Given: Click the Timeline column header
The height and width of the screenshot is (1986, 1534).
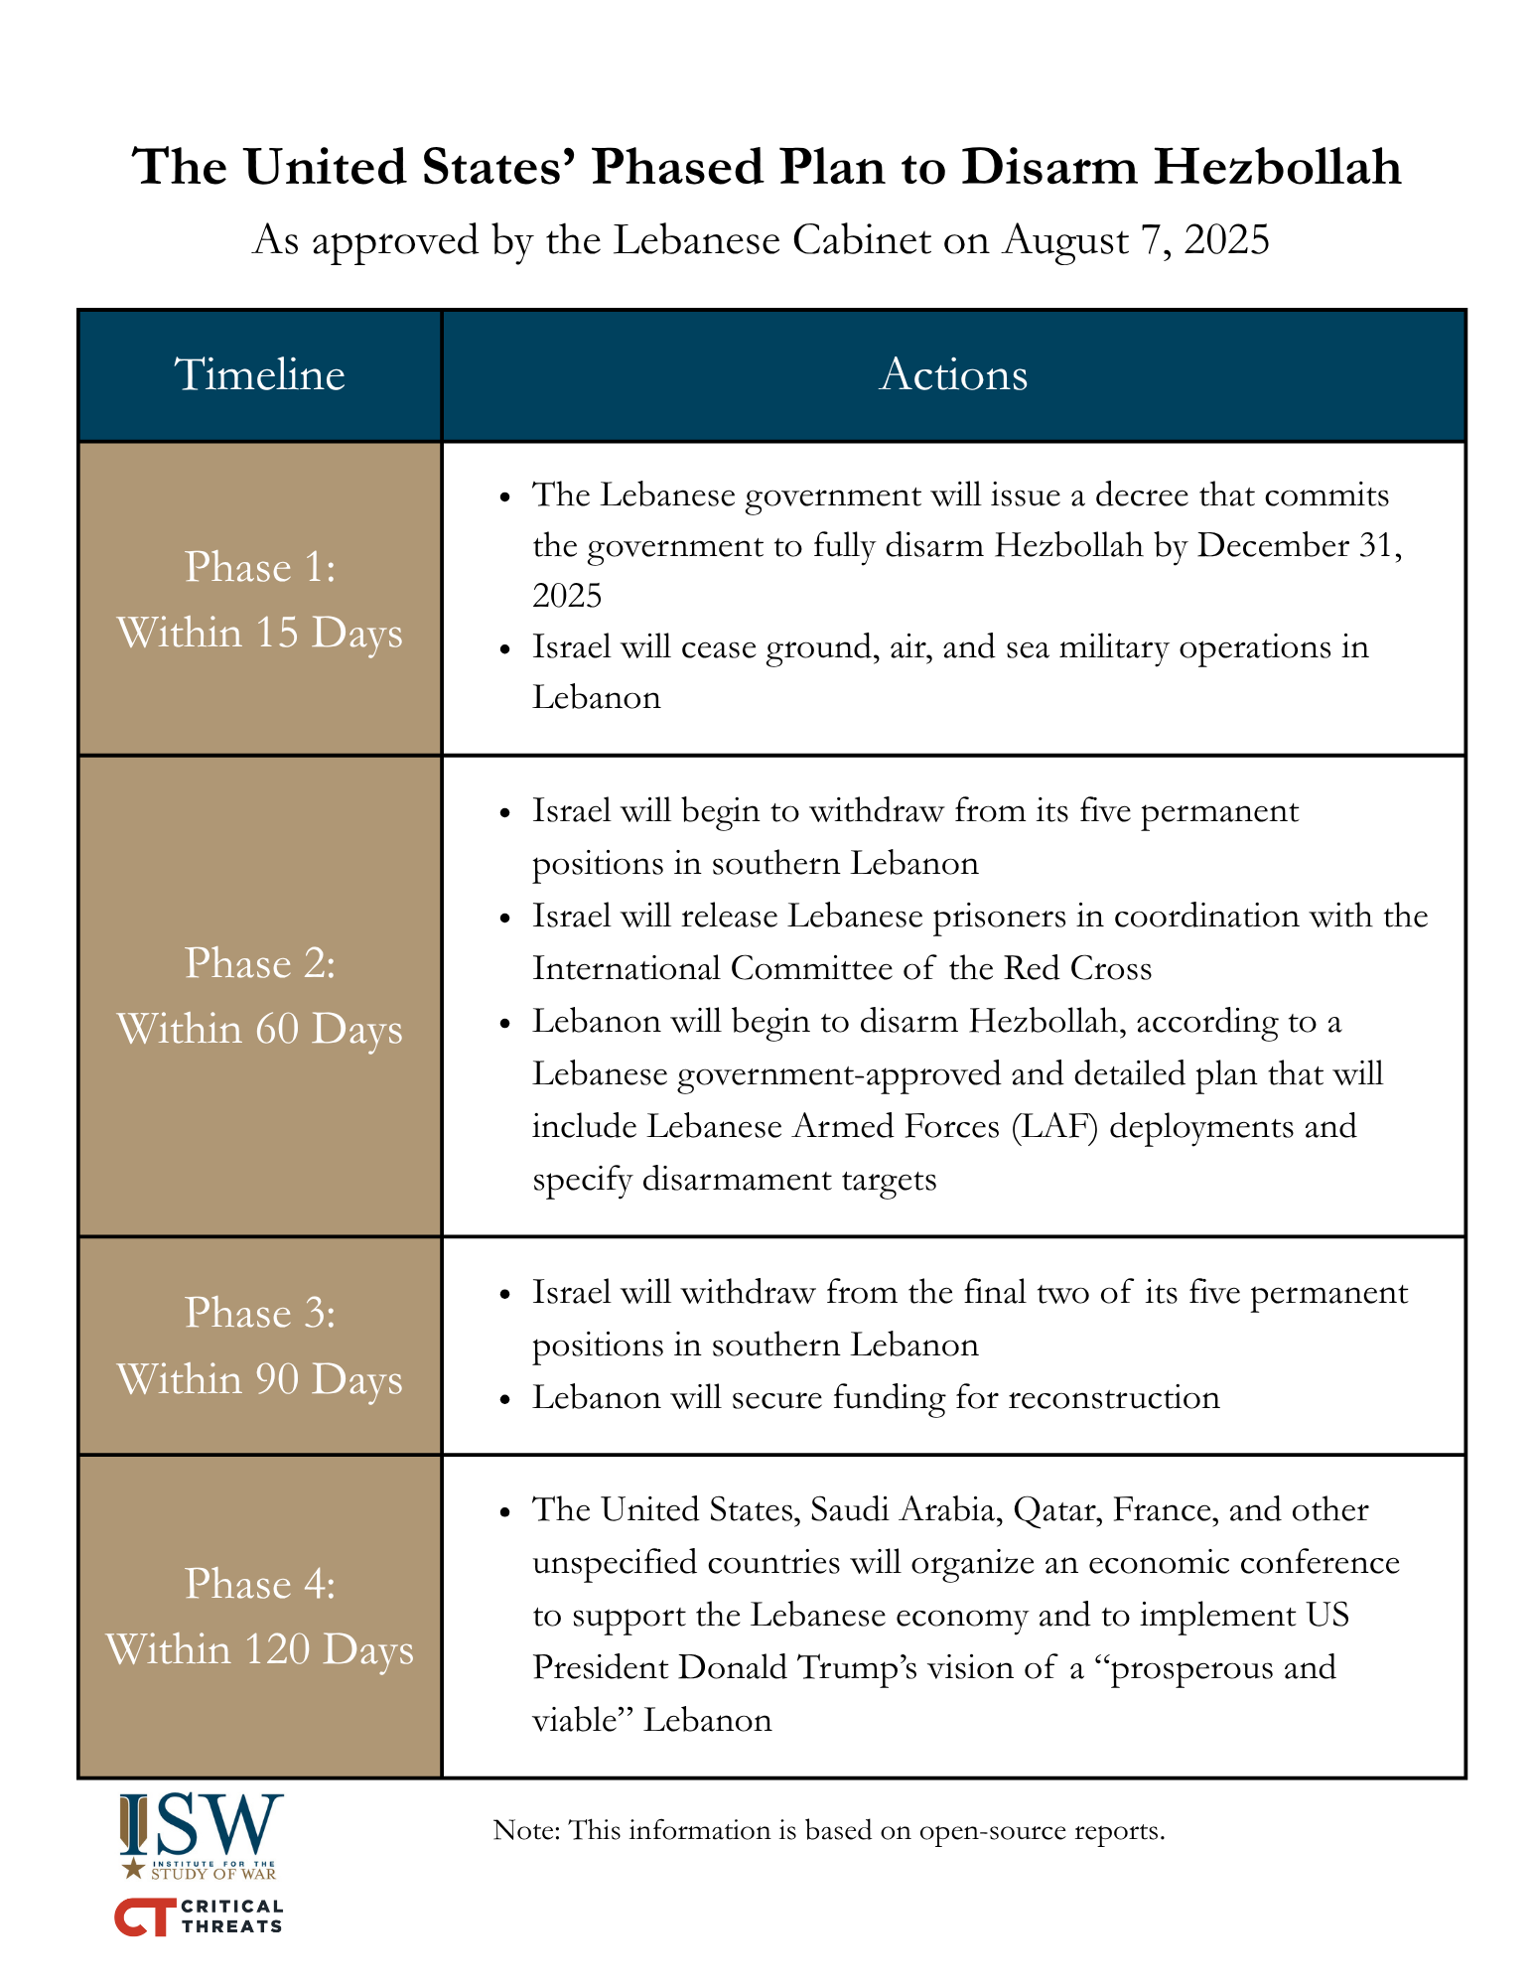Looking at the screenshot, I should point(260,375).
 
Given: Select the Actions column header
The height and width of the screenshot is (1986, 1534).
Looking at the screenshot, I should point(953,375).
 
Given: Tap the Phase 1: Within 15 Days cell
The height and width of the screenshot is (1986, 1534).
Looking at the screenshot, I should point(260,599).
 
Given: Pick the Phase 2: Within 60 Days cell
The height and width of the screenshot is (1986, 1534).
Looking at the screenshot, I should point(260,995).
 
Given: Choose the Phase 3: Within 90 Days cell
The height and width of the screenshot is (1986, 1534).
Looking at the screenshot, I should point(260,1346).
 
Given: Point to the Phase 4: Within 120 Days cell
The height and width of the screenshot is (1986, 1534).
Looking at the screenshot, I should point(260,1616).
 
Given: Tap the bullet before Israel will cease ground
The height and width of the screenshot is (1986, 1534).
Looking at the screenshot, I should point(506,648).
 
